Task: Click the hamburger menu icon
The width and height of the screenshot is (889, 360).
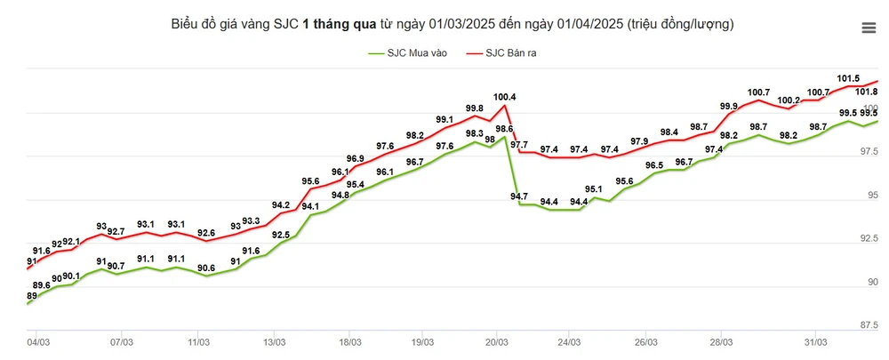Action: [x=869, y=28]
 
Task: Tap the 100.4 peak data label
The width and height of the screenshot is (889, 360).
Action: [x=504, y=97]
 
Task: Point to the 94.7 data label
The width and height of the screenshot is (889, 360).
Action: [x=519, y=196]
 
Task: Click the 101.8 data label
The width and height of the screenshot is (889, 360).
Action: [x=866, y=92]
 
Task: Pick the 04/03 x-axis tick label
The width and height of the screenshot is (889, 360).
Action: [x=38, y=341]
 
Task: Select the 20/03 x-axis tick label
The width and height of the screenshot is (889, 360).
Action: [x=496, y=341]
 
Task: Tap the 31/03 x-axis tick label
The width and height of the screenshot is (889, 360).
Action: [x=816, y=341]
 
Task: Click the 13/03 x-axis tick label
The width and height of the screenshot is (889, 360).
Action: [x=274, y=341]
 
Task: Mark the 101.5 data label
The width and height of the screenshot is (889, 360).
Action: [x=848, y=78]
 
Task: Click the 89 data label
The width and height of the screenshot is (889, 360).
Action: [x=32, y=296]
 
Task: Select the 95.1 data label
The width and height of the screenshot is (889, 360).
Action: [x=593, y=189]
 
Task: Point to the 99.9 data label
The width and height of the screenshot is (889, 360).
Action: [x=728, y=107]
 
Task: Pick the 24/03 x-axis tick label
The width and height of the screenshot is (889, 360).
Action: [x=569, y=341]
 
